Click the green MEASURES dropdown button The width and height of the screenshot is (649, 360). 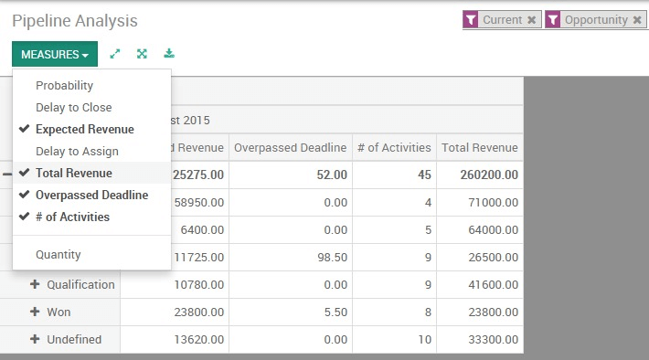(54, 54)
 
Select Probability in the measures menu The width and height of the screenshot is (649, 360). (64, 86)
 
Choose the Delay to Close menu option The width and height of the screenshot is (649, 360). (73, 108)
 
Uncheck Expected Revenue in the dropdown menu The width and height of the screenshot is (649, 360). (84, 130)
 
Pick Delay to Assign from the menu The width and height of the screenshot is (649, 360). (77, 152)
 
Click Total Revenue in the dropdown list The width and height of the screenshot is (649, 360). (73, 174)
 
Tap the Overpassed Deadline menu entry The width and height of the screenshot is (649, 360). (91, 196)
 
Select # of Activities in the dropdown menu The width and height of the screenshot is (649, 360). (72, 217)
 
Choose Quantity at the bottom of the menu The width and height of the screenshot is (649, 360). (58, 255)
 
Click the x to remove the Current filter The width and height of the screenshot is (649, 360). (532, 20)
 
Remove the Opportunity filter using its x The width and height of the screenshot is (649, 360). (637, 20)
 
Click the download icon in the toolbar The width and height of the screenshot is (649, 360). (169, 54)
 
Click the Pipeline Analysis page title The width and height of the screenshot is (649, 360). (75, 20)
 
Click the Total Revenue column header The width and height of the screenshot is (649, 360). (479, 148)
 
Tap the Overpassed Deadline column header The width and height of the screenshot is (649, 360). (290, 148)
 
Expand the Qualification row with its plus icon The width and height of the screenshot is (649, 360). (35, 285)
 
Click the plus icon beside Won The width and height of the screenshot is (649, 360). (35, 312)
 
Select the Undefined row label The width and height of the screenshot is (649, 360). (74, 340)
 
